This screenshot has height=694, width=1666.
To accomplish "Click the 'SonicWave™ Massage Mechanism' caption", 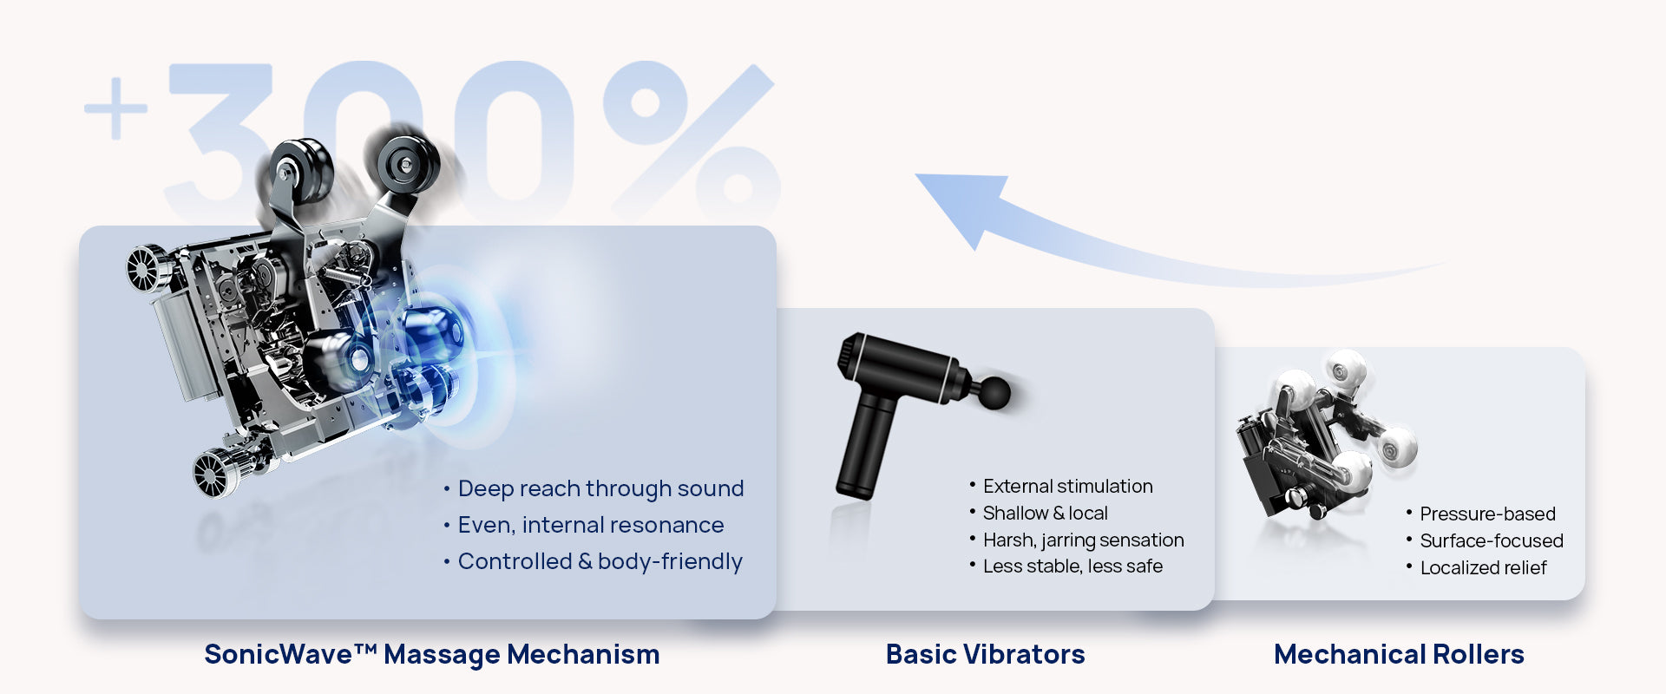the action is pyautogui.click(x=432, y=654).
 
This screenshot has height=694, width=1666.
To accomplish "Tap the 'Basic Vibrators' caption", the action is pyautogui.click(x=985, y=654).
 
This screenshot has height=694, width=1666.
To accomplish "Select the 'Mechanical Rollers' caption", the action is pyautogui.click(x=1399, y=654).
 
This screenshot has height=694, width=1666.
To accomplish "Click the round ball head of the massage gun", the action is pyautogui.click(x=994, y=392).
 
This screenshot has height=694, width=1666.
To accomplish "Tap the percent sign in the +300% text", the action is pyautogui.click(x=691, y=139).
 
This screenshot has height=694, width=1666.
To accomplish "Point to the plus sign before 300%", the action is pyautogui.click(x=116, y=108).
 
